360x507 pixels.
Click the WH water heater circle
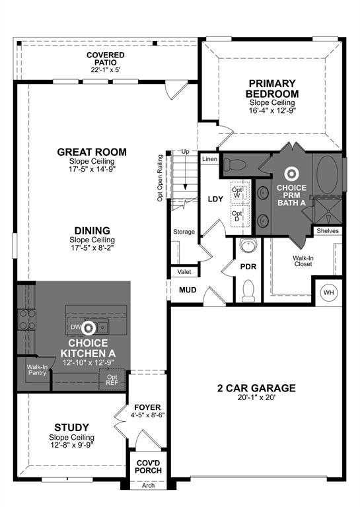328,292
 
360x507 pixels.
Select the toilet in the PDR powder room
248,290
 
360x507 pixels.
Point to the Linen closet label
209,159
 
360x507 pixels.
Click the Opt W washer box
240,192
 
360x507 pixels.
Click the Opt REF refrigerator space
112,380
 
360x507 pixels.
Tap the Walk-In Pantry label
37,370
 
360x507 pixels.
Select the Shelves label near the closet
328,231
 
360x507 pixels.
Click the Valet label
184,272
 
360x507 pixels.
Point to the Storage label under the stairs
184,232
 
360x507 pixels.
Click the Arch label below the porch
148,485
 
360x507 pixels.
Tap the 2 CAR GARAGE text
256,388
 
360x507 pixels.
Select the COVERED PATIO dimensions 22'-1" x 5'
106,70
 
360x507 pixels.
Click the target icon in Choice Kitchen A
89,328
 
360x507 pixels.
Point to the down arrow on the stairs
186,172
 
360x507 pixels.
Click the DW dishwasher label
75,327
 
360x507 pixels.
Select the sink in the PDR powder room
248,245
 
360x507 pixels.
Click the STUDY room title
71,428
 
